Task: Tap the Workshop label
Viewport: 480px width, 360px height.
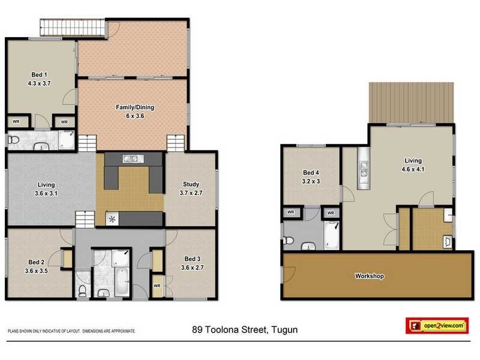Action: [x=369, y=277]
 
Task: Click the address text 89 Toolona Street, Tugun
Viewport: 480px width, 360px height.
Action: [x=245, y=329]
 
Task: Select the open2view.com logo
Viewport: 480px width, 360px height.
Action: [x=436, y=325]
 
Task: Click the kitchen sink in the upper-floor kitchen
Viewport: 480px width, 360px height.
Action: [x=130, y=159]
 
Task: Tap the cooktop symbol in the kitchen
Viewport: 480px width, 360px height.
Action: [x=112, y=219]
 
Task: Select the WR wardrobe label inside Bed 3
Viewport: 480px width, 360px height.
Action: [x=157, y=286]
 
